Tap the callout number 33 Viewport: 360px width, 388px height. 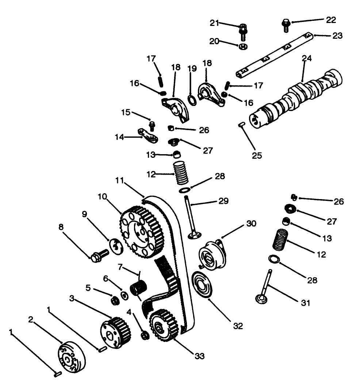[x=199, y=355]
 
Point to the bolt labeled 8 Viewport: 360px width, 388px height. [x=99, y=255]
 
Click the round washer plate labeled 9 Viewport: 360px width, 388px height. [x=115, y=246]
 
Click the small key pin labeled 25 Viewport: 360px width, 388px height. [x=241, y=125]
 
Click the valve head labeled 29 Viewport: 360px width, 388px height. [x=194, y=235]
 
